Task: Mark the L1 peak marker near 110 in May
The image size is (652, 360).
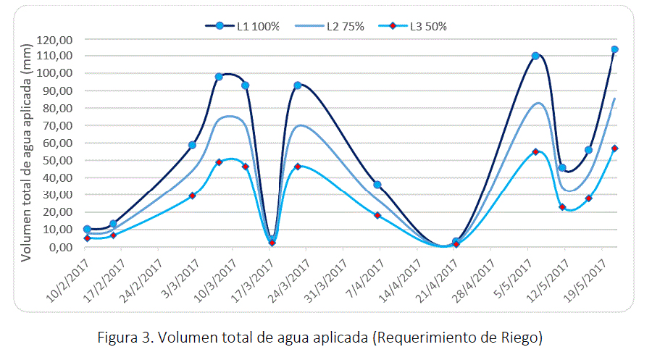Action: [x=535, y=56]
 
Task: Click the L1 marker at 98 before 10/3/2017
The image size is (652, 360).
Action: [x=219, y=77]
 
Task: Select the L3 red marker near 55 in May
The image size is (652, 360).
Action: [x=535, y=152]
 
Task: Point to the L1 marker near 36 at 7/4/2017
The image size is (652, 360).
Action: [x=377, y=185]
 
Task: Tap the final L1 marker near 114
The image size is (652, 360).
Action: [x=614, y=49]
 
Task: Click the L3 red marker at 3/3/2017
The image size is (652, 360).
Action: [x=192, y=196]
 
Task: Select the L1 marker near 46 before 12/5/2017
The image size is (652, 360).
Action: [x=562, y=167]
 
